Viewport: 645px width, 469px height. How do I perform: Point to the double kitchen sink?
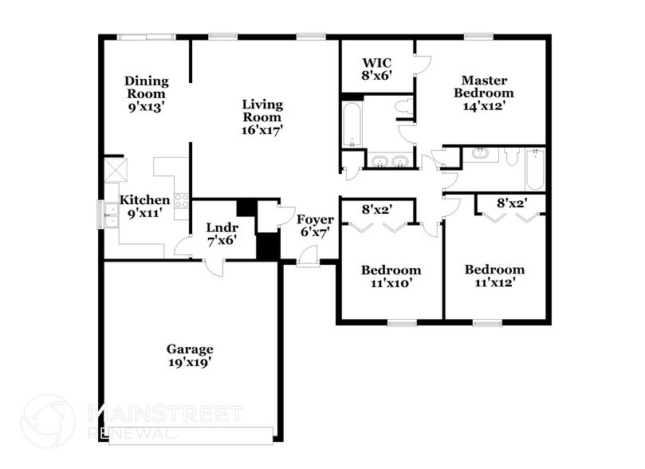[104, 213]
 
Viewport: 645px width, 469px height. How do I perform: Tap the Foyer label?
[313, 220]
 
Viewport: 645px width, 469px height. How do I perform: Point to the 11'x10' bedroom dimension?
[390, 283]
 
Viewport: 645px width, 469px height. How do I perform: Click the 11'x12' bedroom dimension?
[495, 283]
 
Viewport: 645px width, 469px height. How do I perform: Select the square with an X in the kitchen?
[112, 171]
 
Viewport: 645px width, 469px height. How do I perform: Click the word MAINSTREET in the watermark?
[163, 412]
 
